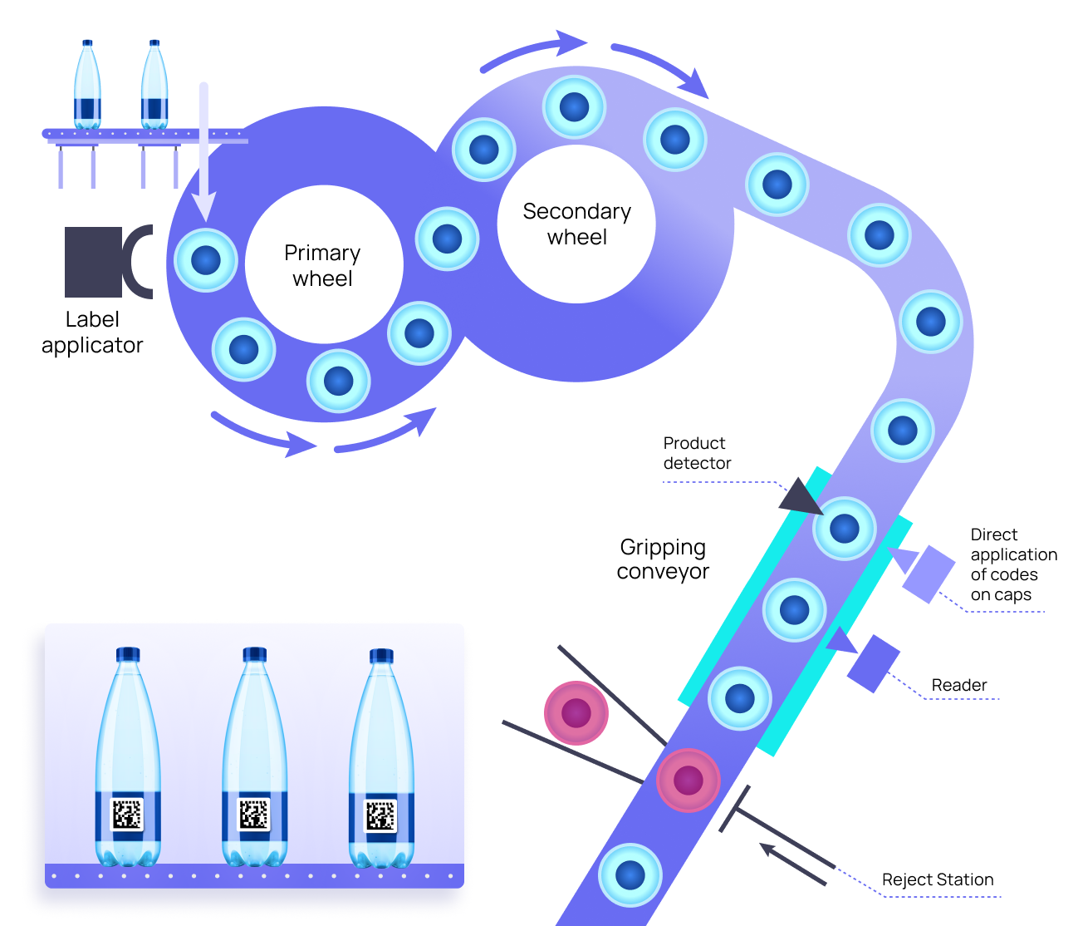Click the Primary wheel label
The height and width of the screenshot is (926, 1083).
pyautogui.click(x=322, y=265)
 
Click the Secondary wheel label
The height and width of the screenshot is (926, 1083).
pyautogui.click(x=576, y=224)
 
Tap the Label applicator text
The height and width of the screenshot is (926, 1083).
pyautogui.click(x=92, y=332)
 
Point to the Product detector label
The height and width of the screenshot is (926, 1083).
pyautogui.click(x=696, y=453)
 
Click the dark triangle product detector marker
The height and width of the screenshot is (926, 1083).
pyautogui.click(x=798, y=497)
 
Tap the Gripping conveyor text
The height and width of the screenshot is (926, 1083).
pyautogui.click(x=663, y=559)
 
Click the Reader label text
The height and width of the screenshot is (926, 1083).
pyautogui.click(x=958, y=685)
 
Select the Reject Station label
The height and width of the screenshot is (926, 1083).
pyautogui.click(x=937, y=879)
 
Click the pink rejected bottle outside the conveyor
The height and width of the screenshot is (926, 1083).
pyautogui.click(x=576, y=712)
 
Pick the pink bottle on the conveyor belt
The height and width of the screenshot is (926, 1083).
pyautogui.click(x=688, y=780)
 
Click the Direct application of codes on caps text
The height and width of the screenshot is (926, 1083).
pyautogui.click(x=1012, y=564)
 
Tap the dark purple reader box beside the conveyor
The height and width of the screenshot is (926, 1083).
pyautogui.click(x=874, y=663)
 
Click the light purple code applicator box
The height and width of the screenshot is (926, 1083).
pyautogui.click(x=929, y=574)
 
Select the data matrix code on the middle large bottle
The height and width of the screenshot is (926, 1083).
pyautogui.click(x=254, y=814)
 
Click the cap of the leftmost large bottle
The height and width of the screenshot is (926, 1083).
pyautogui.click(x=127, y=653)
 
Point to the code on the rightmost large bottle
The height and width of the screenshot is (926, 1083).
pyautogui.click(x=380, y=815)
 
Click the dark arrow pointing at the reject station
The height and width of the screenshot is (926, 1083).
pyautogui.click(x=792, y=864)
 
